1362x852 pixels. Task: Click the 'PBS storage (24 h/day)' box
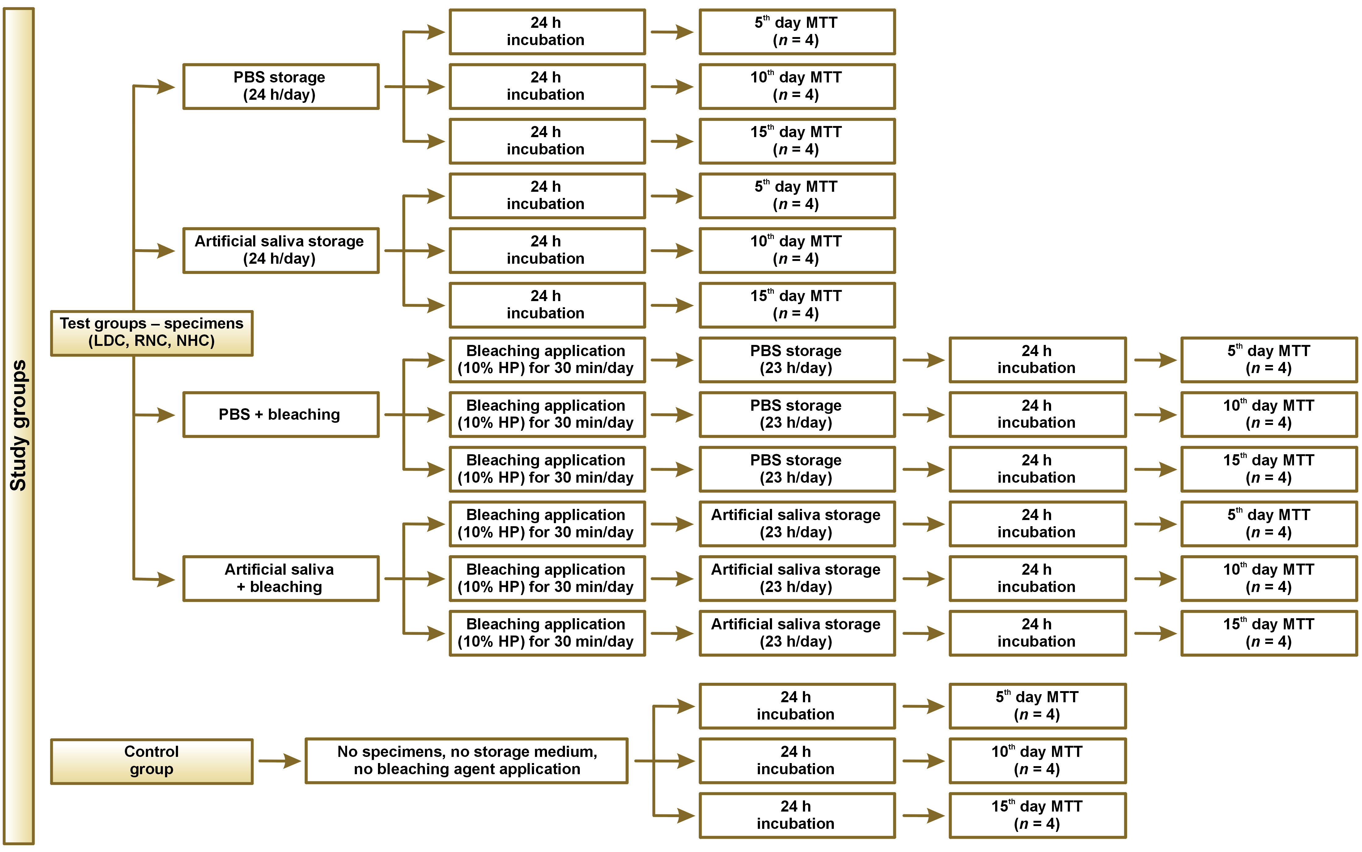tap(280, 86)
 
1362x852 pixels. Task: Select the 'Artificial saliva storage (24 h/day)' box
tap(280, 250)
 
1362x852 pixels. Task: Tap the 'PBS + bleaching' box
tap(280, 415)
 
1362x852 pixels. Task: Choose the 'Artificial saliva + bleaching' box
tap(280, 579)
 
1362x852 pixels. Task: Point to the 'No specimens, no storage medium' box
tap(466, 761)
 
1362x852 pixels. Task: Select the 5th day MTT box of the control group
tap(1037, 706)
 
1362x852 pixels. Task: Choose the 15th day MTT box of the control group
tap(1037, 815)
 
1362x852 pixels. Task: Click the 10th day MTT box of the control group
tap(1037, 761)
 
